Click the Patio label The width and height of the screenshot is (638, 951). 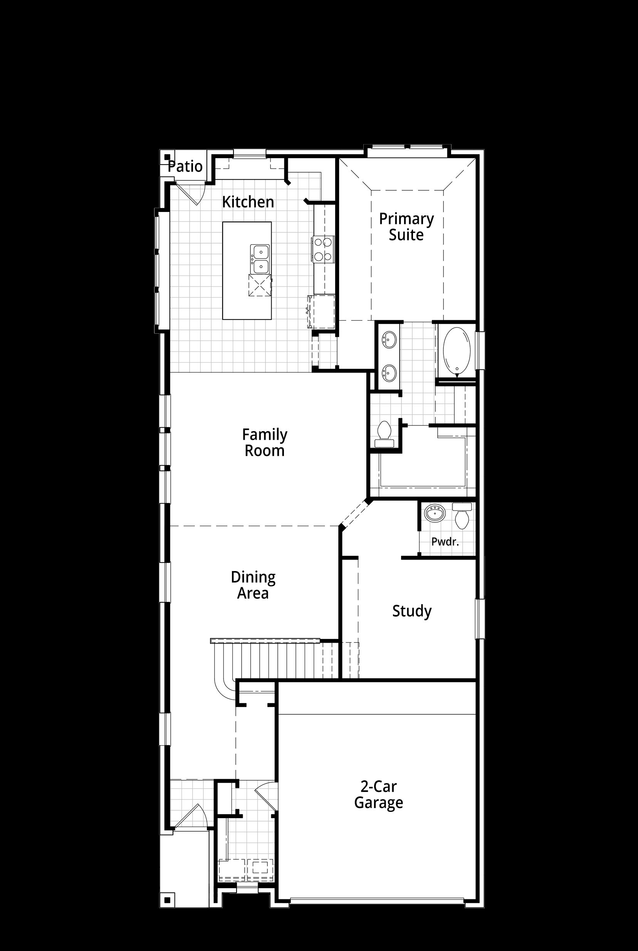tap(185, 166)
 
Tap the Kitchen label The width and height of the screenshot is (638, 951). tap(248, 202)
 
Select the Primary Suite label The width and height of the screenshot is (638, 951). tap(406, 227)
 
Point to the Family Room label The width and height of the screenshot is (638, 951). tap(264, 442)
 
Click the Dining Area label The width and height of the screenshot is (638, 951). tap(253, 585)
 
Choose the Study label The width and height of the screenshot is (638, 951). tap(412, 611)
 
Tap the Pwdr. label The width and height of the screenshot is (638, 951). tap(445, 542)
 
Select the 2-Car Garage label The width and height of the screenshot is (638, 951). tap(378, 795)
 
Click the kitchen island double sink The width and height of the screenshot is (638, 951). tap(260, 259)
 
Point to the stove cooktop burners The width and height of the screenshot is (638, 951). tap(323, 249)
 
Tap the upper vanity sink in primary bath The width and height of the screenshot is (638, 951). tap(390, 339)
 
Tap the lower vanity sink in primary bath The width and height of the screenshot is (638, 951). tap(390, 372)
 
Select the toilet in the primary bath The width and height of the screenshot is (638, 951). tap(384, 434)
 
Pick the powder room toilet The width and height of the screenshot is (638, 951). tap(462, 516)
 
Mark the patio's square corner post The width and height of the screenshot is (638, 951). tap(167, 157)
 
